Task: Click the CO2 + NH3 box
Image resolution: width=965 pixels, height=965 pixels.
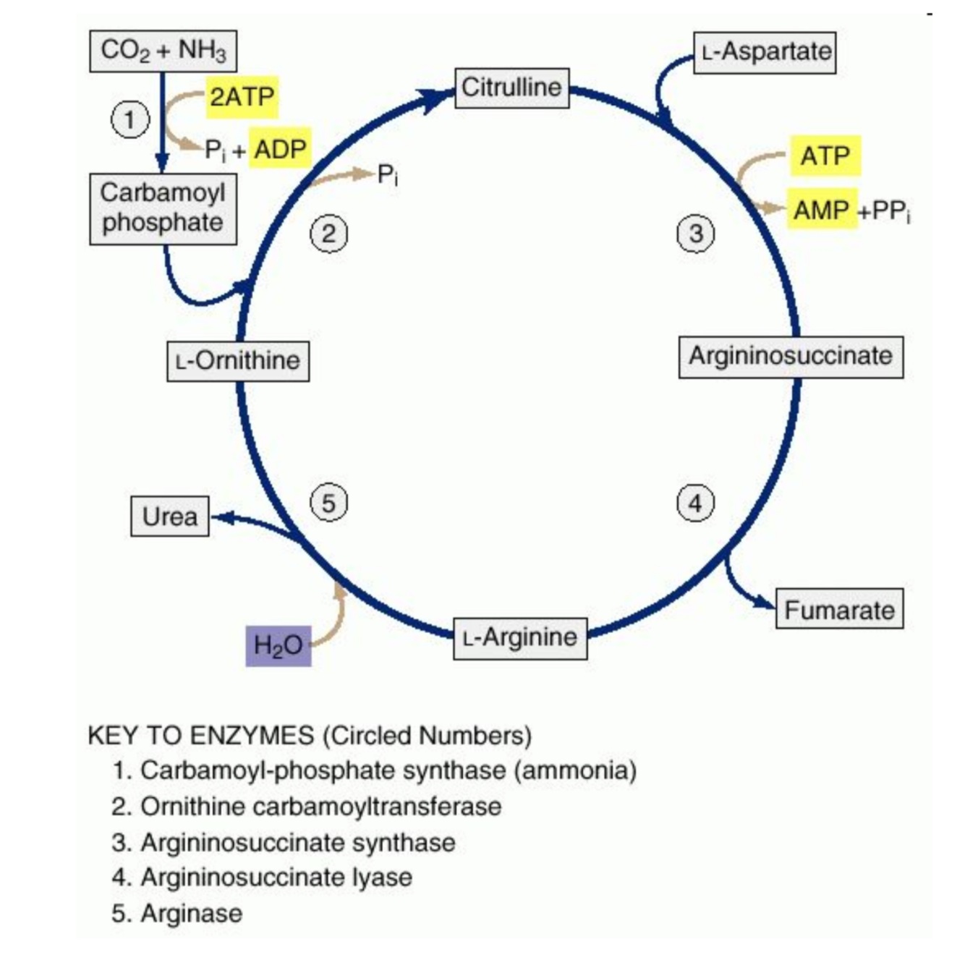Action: (163, 51)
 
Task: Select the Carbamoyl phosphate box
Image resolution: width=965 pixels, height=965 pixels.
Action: (163, 208)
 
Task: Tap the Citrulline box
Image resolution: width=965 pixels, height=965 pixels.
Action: (511, 88)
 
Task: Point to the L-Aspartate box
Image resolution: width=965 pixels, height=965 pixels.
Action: (765, 52)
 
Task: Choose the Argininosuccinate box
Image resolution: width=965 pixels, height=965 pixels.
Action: (791, 356)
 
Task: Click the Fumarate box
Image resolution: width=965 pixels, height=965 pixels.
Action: (839, 609)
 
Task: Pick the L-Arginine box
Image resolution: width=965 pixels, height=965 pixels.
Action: (520, 637)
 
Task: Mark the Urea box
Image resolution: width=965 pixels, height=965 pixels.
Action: (169, 516)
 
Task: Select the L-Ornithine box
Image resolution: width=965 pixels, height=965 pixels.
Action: (238, 360)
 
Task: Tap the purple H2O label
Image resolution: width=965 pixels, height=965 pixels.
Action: (278, 645)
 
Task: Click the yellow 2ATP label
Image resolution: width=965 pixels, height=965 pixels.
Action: (242, 96)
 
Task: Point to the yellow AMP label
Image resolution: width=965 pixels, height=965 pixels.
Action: (821, 210)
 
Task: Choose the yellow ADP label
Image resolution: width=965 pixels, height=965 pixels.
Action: (280, 148)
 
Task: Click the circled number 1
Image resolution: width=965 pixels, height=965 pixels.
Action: (130, 119)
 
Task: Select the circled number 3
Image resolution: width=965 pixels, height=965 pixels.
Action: (695, 233)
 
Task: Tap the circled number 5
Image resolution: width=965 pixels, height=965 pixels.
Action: (328, 502)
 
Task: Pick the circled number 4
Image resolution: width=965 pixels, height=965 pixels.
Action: (695, 502)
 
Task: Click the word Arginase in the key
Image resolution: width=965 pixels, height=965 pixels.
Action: (191, 913)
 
